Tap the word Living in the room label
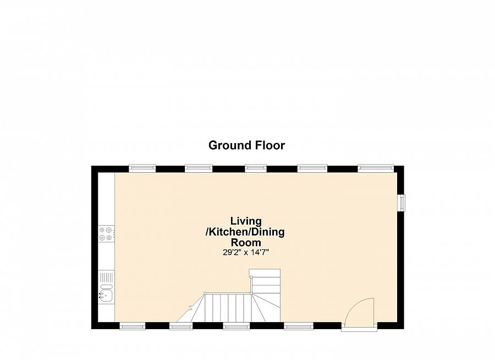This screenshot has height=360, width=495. tap(245, 221)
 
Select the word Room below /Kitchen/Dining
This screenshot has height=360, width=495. tap(245, 242)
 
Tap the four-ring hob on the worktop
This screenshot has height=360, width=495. tap(106, 234)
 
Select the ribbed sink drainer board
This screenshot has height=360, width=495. tap(107, 277)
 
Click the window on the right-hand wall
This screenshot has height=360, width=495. tap(402, 203)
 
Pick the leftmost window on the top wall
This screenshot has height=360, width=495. tap(142, 168)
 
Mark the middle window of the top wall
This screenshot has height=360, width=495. tap(256, 168)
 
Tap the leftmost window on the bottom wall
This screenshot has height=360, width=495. tap(133, 326)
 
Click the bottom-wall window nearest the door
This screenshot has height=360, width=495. tap(298, 326)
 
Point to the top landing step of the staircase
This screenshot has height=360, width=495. tap(265, 274)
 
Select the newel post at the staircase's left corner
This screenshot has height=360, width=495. tap(205, 293)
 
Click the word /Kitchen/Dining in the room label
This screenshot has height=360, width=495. tap(245, 232)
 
